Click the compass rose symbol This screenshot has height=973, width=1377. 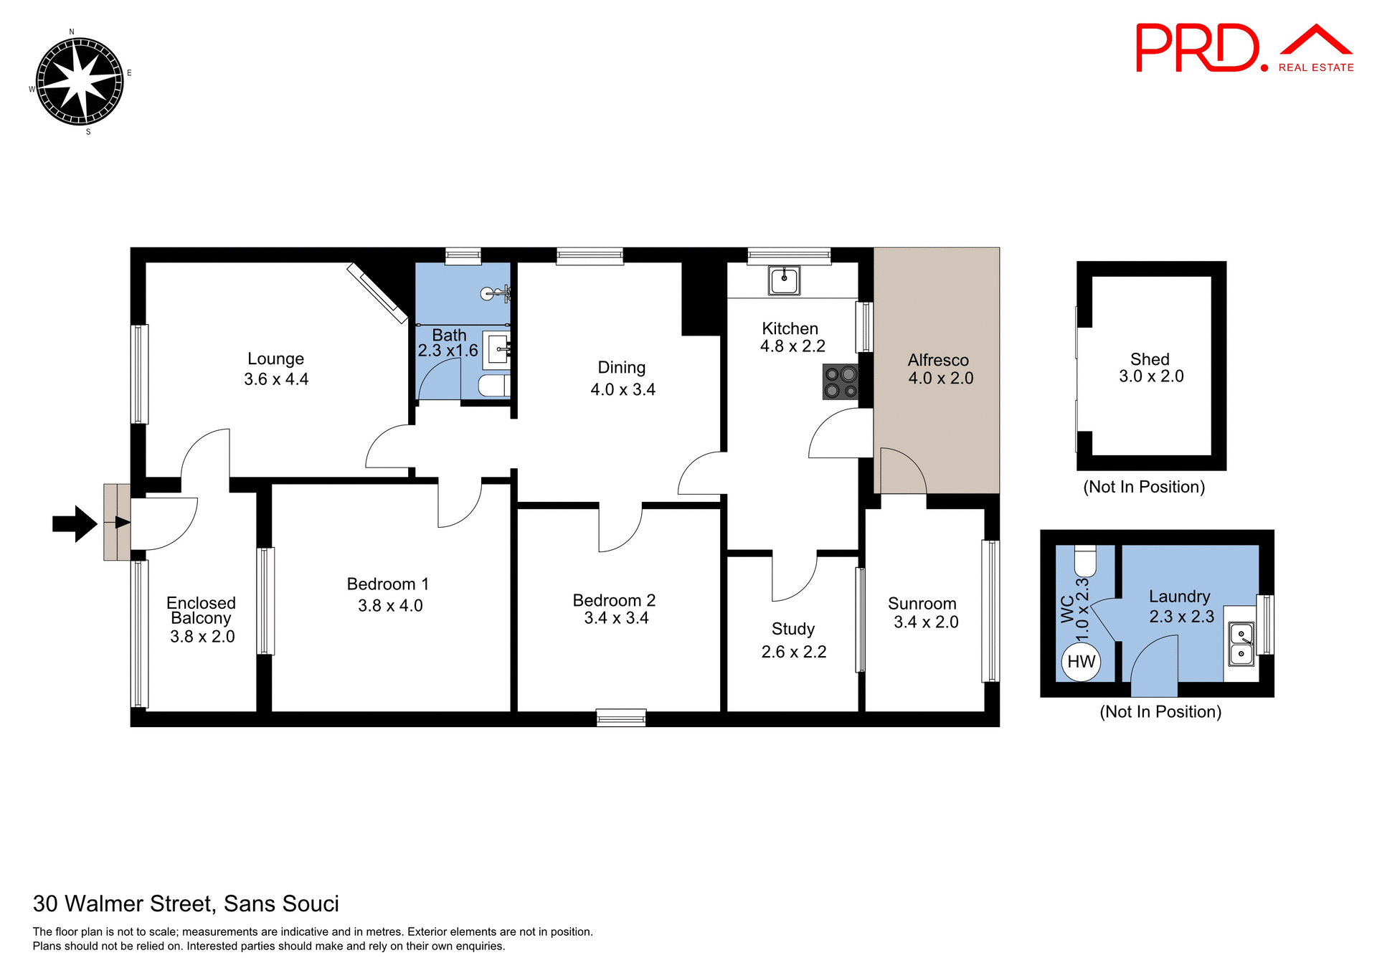click(80, 81)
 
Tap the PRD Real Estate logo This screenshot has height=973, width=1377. click(1244, 49)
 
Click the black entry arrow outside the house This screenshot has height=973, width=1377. click(75, 523)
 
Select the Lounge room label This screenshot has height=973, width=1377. click(275, 359)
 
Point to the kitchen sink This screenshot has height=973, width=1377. click(784, 280)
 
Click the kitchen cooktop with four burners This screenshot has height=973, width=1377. click(841, 382)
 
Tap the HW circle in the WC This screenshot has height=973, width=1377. click(1081, 661)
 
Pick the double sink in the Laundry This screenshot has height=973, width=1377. click(1241, 643)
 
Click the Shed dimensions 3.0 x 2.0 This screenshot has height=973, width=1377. click(1151, 376)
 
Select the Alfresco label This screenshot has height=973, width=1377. click(938, 360)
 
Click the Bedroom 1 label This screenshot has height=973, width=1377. click(387, 584)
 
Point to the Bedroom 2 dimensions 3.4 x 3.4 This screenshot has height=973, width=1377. click(616, 618)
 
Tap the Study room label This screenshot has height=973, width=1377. click(793, 629)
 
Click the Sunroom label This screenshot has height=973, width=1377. click(922, 604)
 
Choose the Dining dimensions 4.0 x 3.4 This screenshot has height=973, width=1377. click(623, 389)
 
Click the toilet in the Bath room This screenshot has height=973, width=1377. click(493, 386)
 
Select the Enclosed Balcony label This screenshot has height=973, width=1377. click(201, 610)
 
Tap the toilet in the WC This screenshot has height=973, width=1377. click(1085, 560)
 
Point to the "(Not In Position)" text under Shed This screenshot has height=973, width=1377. click(1144, 487)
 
